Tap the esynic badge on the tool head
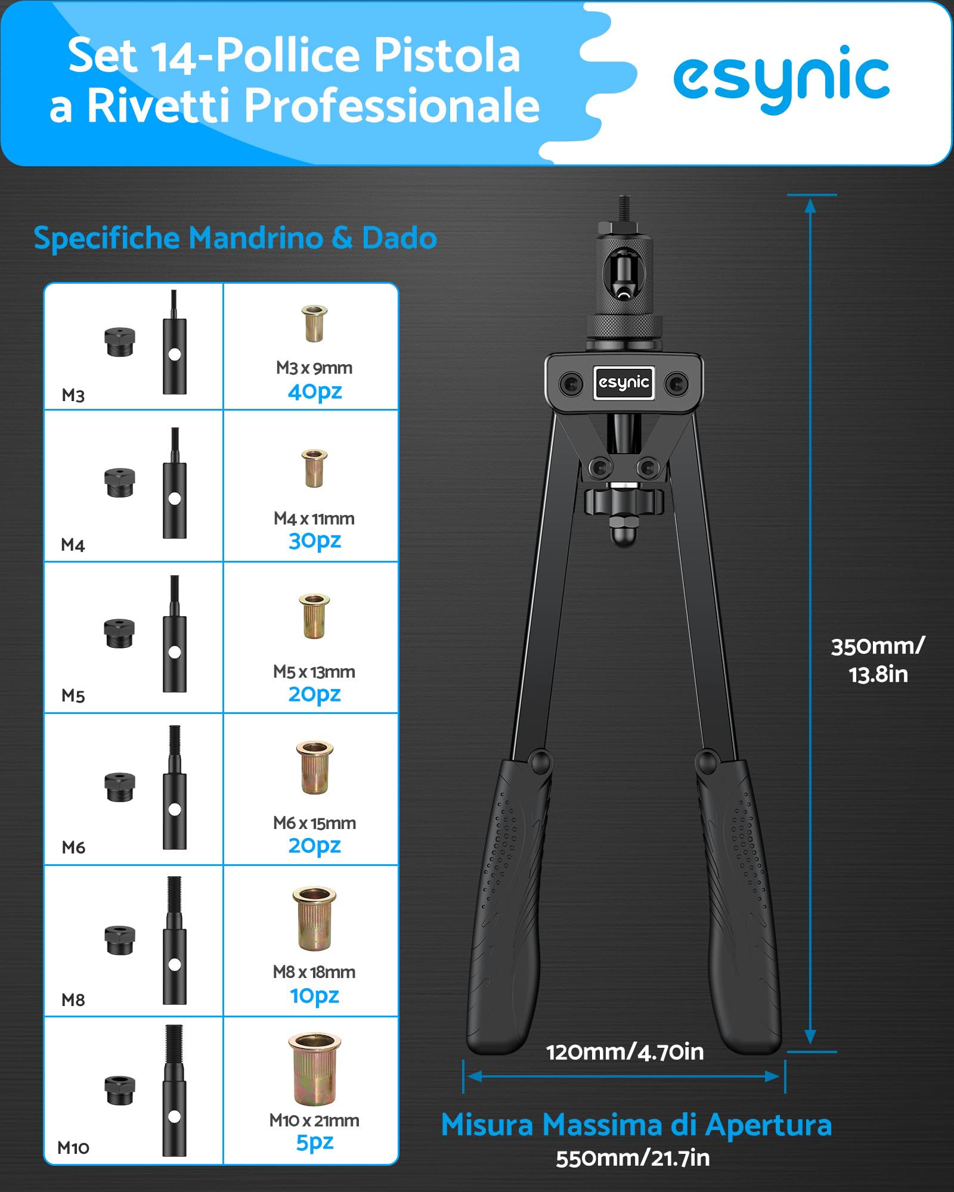tap(624, 383)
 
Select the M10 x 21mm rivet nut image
tap(314, 1069)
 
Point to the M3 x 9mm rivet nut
tap(314, 323)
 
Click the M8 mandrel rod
tap(174, 940)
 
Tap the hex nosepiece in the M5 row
tap(119, 634)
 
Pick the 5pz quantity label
tap(315, 1143)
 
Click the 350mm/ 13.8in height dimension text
tap(878, 660)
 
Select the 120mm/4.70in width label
tap(625, 1053)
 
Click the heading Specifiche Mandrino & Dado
tap(235, 238)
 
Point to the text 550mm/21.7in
tap(633, 1159)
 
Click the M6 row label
tap(73, 847)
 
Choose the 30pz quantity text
tap(315, 541)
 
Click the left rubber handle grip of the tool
tap(509, 903)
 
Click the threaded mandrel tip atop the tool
tap(624, 208)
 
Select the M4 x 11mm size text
tap(314, 519)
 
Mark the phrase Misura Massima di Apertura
tap(636, 1125)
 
